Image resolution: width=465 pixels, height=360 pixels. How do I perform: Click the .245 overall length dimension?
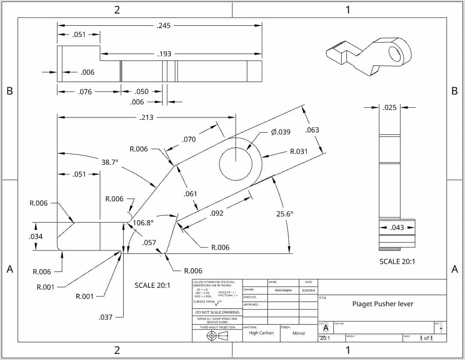[164, 25]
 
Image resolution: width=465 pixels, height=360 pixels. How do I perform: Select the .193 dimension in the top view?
[164, 54]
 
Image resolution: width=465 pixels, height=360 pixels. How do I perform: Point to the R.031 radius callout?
[299, 151]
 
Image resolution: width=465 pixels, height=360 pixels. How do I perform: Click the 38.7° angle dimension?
[109, 162]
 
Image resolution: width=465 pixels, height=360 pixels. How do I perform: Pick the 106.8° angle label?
[143, 223]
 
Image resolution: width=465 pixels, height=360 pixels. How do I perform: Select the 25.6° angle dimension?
[285, 214]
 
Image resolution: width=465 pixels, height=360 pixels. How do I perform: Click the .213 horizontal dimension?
[147, 117]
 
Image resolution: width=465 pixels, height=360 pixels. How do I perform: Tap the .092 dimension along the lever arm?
[216, 213]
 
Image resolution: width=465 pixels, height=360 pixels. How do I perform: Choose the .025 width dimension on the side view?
[389, 107]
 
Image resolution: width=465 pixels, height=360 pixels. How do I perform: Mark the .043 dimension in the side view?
[397, 227]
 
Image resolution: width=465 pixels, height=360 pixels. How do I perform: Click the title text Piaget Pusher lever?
[383, 304]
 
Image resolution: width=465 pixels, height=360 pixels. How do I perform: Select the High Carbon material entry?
[261, 333]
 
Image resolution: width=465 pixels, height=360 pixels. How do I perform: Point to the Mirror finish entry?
[299, 333]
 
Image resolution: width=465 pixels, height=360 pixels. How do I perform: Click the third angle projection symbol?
[217, 336]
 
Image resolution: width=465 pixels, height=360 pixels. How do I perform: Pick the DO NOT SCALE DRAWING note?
[217, 312]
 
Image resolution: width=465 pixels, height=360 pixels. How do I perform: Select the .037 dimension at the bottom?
[106, 317]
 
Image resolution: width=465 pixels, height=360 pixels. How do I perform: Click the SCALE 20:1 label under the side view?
[397, 261]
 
